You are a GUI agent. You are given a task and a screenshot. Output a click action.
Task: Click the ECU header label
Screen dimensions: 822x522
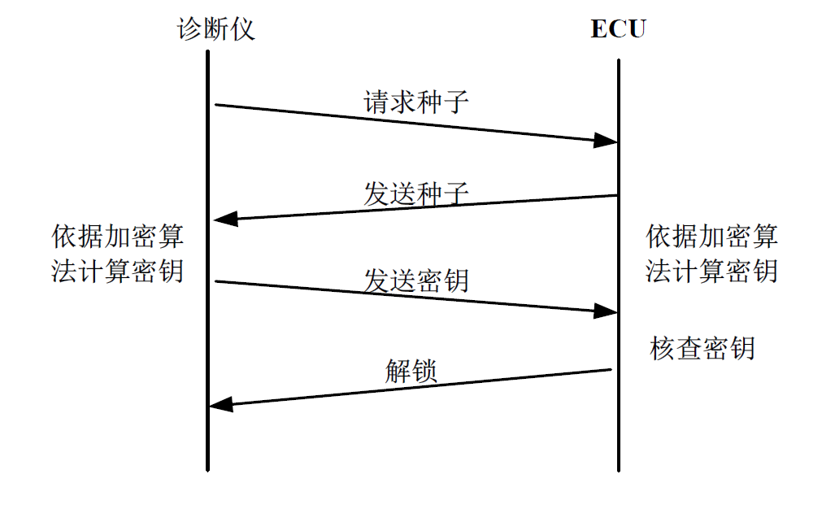coord(618,30)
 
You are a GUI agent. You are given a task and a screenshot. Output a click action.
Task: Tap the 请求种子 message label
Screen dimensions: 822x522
coord(415,102)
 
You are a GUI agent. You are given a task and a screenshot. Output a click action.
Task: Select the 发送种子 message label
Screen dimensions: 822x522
coord(415,194)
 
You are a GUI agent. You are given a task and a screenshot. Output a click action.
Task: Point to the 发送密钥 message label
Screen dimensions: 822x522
coord(415,281)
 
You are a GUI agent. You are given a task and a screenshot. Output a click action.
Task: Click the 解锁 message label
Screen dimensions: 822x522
coord(411,371)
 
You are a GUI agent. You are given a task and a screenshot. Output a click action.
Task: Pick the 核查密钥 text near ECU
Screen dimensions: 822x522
coord(702,348)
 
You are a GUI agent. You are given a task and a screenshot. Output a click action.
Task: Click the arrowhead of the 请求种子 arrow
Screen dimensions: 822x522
coord(606,141)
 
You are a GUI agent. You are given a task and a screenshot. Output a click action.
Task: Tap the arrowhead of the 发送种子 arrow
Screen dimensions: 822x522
coord(224,218)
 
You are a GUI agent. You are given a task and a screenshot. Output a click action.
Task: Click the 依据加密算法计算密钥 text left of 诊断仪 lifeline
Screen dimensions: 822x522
coord(118,254)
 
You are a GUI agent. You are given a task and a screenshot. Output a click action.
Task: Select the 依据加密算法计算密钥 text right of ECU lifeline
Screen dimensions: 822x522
coord(712,254)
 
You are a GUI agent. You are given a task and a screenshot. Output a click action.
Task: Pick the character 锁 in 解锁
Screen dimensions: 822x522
coord(424,371)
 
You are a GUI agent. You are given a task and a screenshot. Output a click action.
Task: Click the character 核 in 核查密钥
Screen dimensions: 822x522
coord(663,348)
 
